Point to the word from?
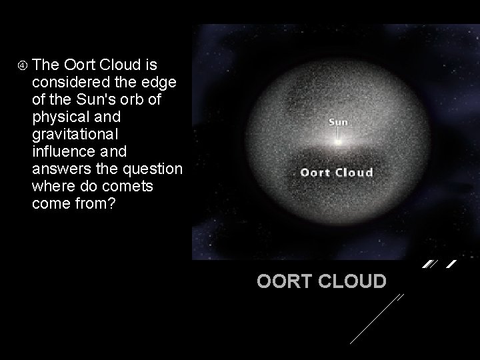click(97, 204)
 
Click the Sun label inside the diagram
click(339, 122)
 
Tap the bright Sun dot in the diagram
click(339, 141)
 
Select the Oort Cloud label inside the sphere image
click(337, 173)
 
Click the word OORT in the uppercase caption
click(281, 281)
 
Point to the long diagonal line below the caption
click(377, 319)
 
